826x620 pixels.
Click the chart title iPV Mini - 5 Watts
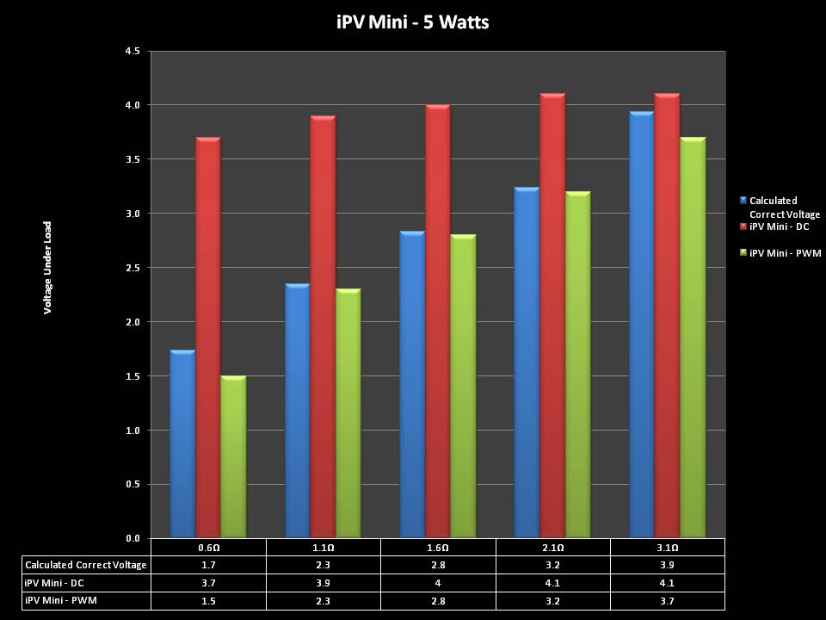(x=412, y=22)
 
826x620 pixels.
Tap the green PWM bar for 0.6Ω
(x=233, y=456)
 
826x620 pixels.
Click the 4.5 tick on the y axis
(x=133, y=52)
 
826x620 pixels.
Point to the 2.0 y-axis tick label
(x=133, y=322)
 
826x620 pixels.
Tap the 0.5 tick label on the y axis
(x=133, y=484)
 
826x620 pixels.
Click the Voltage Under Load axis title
(x=48, y=267)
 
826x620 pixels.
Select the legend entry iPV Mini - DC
(x=779, y=226)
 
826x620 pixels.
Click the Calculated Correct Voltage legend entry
(x=784, y=208)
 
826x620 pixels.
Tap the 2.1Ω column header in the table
(x=552, y=548)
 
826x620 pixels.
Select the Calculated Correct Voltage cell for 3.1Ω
(x=667, y=565)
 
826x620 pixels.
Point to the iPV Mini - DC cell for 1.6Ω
(x=437, y=582)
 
